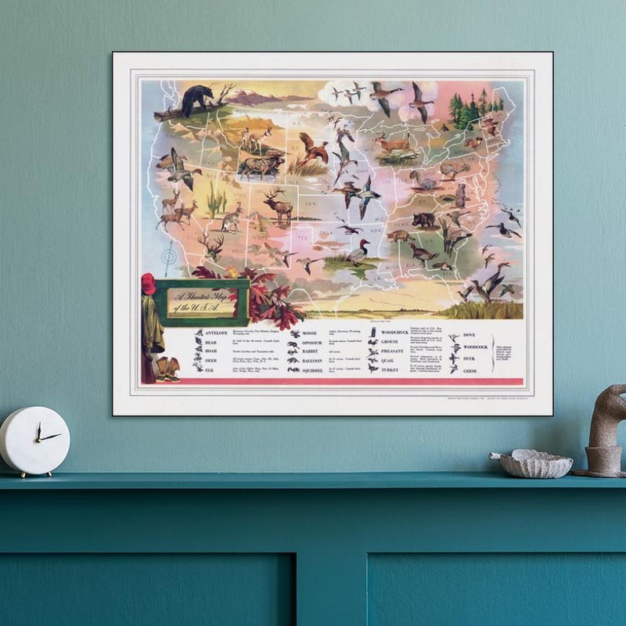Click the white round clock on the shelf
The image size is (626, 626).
pyautogui.click(x=34, y=441)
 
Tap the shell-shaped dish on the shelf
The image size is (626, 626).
pyautogui.click(x=536, y=464)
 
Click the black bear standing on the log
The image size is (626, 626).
pyautogui.click(x=197, y=99)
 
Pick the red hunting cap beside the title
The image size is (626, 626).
pyautogui.click(x=149, y=283)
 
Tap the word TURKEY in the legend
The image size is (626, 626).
pyautogui.click(x=389, y=369)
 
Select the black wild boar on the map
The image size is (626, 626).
pyautogui.click(x=424, y=220)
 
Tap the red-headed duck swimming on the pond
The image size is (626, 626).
pyautogui.click(x=358, y=252)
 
